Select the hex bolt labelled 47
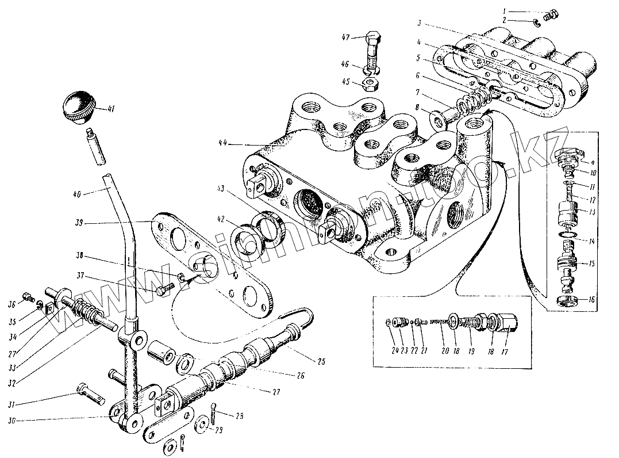click(x=371, y=52)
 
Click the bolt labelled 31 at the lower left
click(x=91, y=395)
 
